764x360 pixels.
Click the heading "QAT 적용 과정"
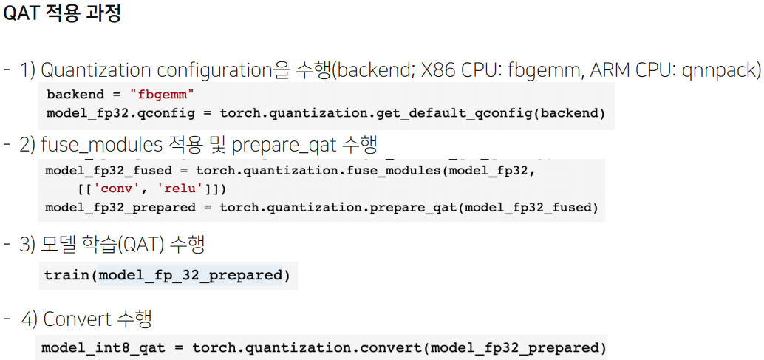[62, 14]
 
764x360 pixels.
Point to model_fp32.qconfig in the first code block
[102, 113]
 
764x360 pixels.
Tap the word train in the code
[67, 276]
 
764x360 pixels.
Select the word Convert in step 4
[77, 319]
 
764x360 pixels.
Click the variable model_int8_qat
[101, 347]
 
